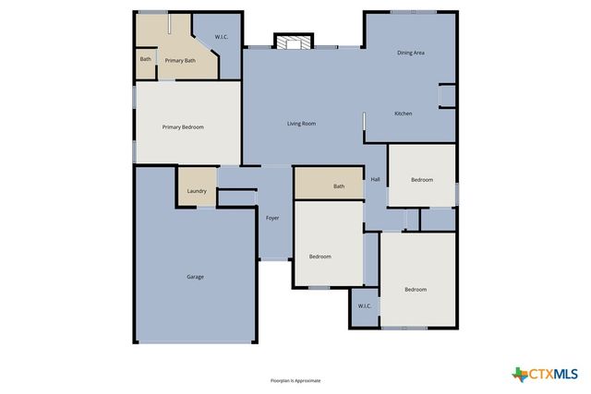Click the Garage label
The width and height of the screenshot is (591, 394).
[195, 277]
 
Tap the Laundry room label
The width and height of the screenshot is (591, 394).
[196, 191]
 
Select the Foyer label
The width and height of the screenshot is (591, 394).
[272, 218]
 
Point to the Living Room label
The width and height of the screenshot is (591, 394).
[301, 123]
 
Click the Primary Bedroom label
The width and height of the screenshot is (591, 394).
[183, 126]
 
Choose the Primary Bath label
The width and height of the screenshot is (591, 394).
[180, 61]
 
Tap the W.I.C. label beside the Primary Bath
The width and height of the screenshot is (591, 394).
[222, 37]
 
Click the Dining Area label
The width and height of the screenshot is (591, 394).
[411, 53]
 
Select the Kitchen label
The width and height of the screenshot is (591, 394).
[404, 113]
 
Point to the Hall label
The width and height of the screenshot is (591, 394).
[375, 179]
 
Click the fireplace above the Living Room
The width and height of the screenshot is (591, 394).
[295, 42]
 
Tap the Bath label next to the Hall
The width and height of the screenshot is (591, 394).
[339, 186]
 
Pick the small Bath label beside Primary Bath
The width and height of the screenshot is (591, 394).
[145, 59]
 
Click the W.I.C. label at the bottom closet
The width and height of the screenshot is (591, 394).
[364, 305]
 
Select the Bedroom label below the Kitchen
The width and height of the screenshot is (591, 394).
[421, 179]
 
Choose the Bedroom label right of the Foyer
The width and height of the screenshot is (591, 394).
[320, 256]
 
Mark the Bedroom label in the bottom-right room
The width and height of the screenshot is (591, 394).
[416, 290]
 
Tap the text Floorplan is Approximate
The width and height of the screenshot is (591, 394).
[295, 380]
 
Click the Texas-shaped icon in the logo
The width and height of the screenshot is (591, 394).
[519, 374]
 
